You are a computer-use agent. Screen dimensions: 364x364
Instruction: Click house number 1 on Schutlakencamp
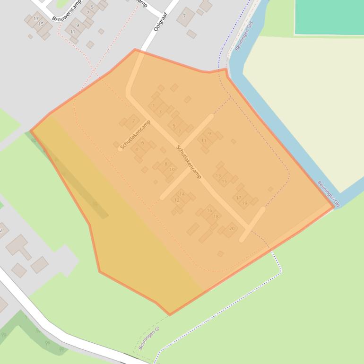coord(154,106)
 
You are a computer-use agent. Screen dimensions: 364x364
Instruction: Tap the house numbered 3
coord(160,112)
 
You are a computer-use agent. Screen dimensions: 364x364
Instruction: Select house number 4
coord(137,150)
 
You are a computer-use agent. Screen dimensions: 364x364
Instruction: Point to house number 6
coord(142,143)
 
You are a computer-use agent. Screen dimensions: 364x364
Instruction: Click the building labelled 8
coord(166,165)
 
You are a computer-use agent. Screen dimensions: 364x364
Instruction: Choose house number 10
coord(172,169)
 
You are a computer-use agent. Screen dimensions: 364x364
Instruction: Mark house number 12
coord(177,200)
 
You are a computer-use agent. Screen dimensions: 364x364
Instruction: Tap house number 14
coord(182,194)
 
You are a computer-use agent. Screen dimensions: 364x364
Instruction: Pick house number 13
coord(218,176)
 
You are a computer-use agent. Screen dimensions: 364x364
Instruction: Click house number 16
coord(209,211)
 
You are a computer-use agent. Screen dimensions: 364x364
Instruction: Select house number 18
coord(216,217)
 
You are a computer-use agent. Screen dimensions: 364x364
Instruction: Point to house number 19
coord(244,203)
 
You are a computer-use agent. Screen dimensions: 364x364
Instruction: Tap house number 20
coord(232,228)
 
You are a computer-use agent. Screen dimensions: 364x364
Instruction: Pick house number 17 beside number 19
coord(239,198)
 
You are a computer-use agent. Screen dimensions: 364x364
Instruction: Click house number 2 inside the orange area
coord(133,121)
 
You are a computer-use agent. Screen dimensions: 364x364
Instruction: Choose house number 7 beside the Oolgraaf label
coord(184,16)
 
